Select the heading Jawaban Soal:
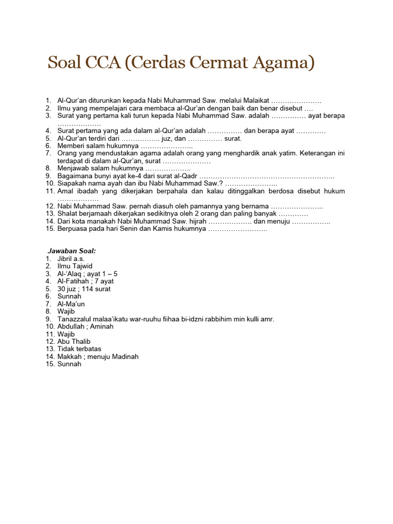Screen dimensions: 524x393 click(x=72, y=251)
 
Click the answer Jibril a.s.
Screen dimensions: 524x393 click(x=71, y=259)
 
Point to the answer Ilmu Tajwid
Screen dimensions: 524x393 click(x=75, y=266)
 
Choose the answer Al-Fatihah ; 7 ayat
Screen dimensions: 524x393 click(x=85, y=281)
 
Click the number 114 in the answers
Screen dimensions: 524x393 click(x=87, y=289)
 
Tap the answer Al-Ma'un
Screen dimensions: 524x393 click(x=71, y=304)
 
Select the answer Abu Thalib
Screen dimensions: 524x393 click(x=74, y=341)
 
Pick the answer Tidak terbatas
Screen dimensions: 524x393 click(x=79, y=349)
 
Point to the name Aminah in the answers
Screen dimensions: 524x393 click(x=101, y=326)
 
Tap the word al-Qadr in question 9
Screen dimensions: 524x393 click(x=185, y=176)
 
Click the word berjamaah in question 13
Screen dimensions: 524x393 click(x=93, y=213)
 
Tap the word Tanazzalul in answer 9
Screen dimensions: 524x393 click(x=74, y=319)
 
